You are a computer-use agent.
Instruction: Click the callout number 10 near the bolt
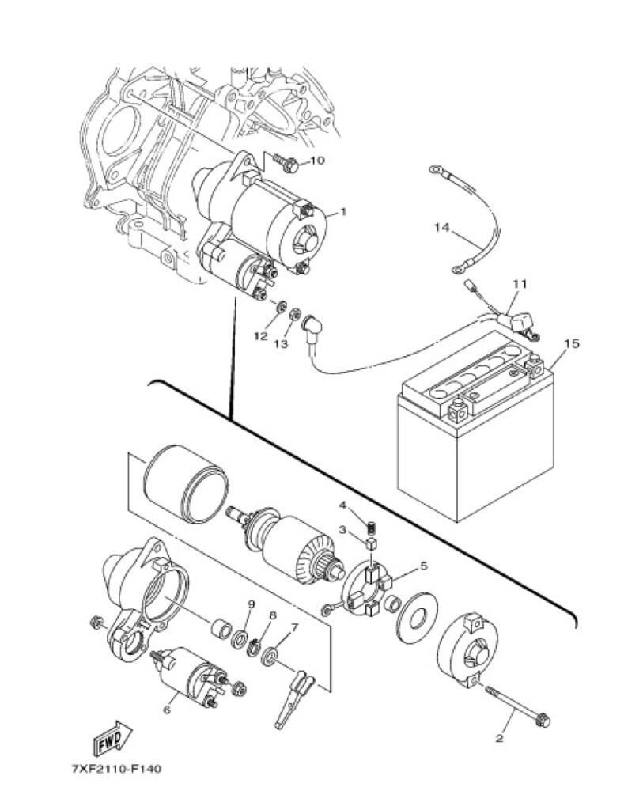click(317, 160)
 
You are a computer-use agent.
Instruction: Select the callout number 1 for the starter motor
click(343, 212)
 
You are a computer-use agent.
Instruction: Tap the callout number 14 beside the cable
click(441, 227)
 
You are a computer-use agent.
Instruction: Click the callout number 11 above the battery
click(520, 284)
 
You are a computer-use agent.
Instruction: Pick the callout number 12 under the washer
click(261, 335)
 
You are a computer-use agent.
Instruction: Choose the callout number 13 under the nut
click(281, 343)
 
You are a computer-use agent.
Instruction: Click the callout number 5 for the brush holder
click(423, 566)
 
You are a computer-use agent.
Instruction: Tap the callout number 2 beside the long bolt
click(499, 738)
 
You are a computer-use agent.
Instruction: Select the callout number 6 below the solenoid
click(167, 710)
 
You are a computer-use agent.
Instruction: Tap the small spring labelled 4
click(371, 530)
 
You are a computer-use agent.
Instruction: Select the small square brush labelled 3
click(371, 543)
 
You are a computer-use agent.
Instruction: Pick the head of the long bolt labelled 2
click(543, 720)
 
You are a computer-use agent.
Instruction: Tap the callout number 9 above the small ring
click(252, 604)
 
